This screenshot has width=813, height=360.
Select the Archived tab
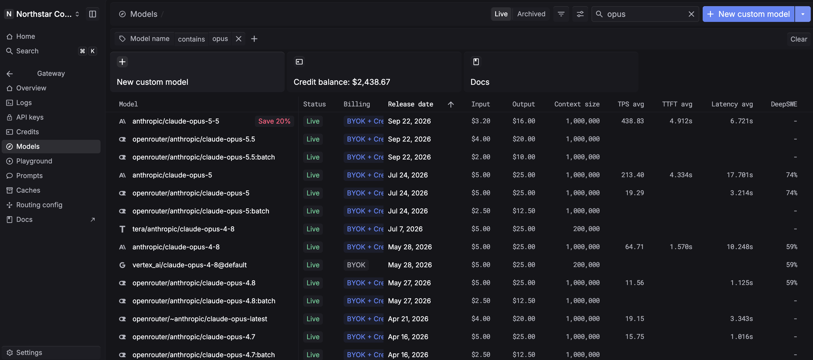(531, 14)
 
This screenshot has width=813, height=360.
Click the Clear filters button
(798, 39)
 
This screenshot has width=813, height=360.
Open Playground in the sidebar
(34, 161)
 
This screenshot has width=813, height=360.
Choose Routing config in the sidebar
(39, 205)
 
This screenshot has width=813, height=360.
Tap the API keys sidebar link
(30, 117)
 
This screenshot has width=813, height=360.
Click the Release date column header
(410, 104)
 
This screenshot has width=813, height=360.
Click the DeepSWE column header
(784, 104)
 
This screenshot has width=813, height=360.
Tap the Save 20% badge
(274, 121)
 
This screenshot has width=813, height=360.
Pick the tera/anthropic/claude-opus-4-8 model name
(183, 229)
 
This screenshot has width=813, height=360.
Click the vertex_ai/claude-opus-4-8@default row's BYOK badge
(356, 265)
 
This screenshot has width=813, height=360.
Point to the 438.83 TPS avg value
(632, 121)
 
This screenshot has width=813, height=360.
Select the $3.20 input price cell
(480, 121)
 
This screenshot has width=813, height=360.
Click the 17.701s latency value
(739, 175)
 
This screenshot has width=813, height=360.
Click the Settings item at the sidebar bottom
(29, 352)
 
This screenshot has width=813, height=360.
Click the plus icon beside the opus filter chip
(254, 39)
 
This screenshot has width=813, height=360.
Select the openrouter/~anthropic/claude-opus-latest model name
(200, 319)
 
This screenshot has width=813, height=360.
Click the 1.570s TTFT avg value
(681, 247)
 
